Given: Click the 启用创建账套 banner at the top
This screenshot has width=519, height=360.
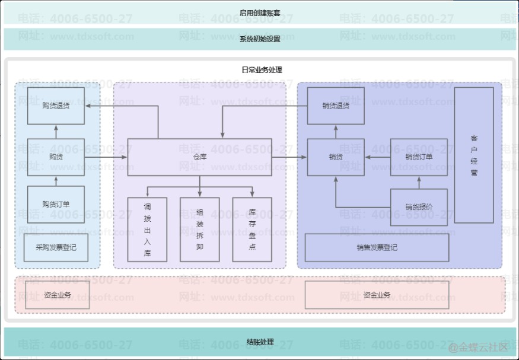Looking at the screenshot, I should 259,12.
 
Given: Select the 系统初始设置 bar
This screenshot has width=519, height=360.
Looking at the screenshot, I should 259,39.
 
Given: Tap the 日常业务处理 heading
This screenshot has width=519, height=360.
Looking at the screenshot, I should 259,70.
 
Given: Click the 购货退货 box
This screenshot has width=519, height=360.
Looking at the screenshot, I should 56,106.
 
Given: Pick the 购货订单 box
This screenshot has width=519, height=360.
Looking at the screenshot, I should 56,205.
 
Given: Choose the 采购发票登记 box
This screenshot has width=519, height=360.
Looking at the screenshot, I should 56,248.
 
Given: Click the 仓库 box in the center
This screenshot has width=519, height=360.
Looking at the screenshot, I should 199,157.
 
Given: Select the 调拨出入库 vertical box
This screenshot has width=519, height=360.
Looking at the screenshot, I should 147,230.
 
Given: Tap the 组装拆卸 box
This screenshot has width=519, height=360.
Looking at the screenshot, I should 199,230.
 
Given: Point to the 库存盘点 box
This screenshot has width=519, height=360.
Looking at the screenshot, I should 252,230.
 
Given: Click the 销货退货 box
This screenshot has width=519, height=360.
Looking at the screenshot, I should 336,106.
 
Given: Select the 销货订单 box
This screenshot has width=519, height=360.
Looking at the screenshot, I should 419,157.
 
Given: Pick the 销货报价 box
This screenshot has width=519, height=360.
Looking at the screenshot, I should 419,207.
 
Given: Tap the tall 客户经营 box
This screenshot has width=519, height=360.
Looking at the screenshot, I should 474,155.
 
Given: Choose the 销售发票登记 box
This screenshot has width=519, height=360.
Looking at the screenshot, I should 377,248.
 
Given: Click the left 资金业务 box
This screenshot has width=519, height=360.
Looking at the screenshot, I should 57,295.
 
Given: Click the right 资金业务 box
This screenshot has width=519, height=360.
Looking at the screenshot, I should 377,295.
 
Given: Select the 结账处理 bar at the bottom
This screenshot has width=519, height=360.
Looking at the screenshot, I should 259,342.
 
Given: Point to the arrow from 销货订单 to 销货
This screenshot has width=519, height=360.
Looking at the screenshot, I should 377,157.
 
